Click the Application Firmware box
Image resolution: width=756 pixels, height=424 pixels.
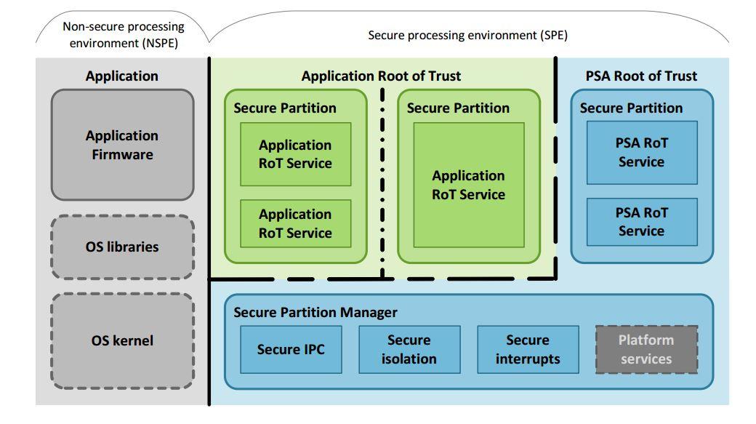click(x=122, y=145)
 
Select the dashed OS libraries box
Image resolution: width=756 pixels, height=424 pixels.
click(x=122, y=247)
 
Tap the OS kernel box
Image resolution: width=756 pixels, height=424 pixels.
click(x=122, y=341)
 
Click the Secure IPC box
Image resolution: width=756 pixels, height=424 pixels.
click(x=291, y=349)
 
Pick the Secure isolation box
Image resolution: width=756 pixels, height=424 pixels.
click(x=409, y=349)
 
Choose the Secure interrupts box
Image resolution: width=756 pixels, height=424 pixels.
click(x=528, y=349)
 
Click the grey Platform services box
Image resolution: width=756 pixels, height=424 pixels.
click(x=646, y=349)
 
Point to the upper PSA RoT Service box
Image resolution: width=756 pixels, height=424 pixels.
click(x=642, y=153)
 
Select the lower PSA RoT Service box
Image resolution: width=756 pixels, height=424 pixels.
click(x=642, y=222)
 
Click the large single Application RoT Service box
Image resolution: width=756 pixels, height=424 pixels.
click(x=469, y=185)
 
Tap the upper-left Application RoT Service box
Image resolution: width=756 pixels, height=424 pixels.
click(x=296, y=154)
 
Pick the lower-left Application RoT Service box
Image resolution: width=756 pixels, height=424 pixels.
click(x=296, y=223)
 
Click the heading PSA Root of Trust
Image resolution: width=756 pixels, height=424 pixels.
click(x=641, y=76)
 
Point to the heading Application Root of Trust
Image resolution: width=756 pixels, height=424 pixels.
click(x=381, y=76)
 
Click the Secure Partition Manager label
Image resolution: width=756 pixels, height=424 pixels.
click(x=315, y=312)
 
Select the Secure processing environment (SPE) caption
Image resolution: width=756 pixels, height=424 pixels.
click(x=467, y=35)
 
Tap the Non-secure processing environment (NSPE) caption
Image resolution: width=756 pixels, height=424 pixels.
click(x=124, y=35)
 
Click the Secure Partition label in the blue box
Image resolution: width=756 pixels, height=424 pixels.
click(x=631, y=108)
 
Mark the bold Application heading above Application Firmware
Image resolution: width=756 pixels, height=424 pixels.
click(x=122, y=76)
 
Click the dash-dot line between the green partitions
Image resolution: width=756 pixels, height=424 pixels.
click(x=382, y=183)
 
